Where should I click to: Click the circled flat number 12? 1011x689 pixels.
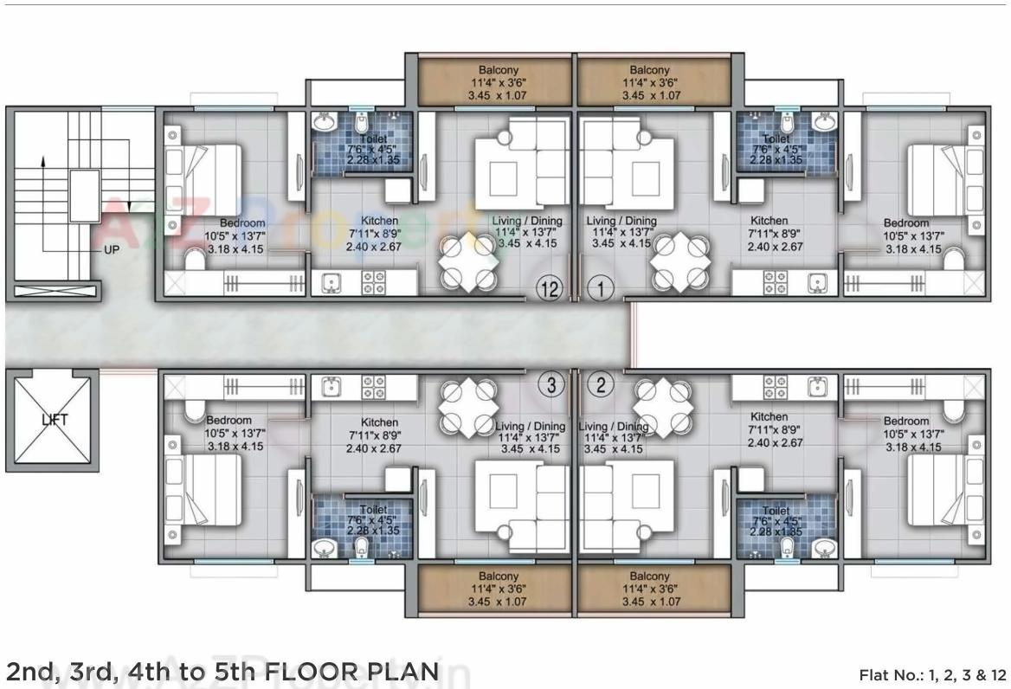[x=547, y=289]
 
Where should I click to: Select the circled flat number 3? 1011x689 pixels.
[x=551, y=385]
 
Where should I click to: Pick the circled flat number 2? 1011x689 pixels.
[x=602, y=385]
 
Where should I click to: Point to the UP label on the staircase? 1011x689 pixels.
[x=111, y=249]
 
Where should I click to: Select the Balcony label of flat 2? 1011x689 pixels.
[x=649, y=576]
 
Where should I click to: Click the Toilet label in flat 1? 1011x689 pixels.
[x=776, y=138]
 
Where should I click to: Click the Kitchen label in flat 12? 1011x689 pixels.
[x=380, y=222]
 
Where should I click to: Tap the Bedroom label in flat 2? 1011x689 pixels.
[x=905, y=421]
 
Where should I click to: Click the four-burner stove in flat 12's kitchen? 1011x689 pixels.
[x=373, y=282]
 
